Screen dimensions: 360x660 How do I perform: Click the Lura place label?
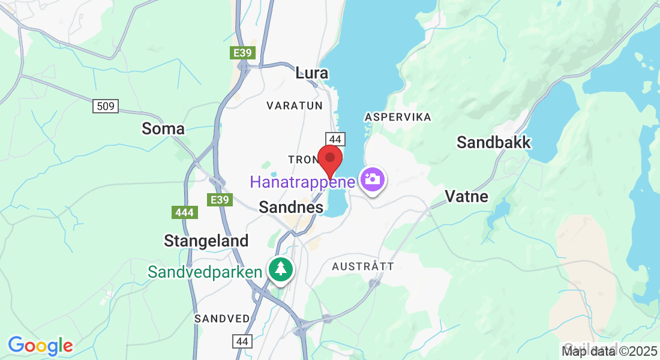[312, 73]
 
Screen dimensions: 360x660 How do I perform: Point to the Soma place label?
[163, 128]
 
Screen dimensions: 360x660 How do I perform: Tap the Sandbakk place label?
[494, 142]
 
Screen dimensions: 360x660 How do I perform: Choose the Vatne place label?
[466, 196]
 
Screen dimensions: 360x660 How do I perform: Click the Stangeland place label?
[206, 241]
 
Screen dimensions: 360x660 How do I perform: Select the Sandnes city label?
[291, 208]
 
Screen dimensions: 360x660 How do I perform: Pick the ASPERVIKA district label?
[398, 117]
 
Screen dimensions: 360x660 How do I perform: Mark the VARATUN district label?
[295, 106]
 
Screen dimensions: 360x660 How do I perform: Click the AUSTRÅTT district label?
[363, 266]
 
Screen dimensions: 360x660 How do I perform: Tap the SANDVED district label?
[221, 319]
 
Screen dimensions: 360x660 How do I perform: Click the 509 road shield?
[106, 107]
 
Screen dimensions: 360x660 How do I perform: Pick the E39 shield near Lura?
[242, 53]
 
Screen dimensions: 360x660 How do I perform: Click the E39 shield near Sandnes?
[221, 200]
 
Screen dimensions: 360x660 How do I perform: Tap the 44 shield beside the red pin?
[335, 139]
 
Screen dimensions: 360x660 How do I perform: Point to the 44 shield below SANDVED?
[242, 341]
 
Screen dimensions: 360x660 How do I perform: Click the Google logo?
[40, 346]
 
